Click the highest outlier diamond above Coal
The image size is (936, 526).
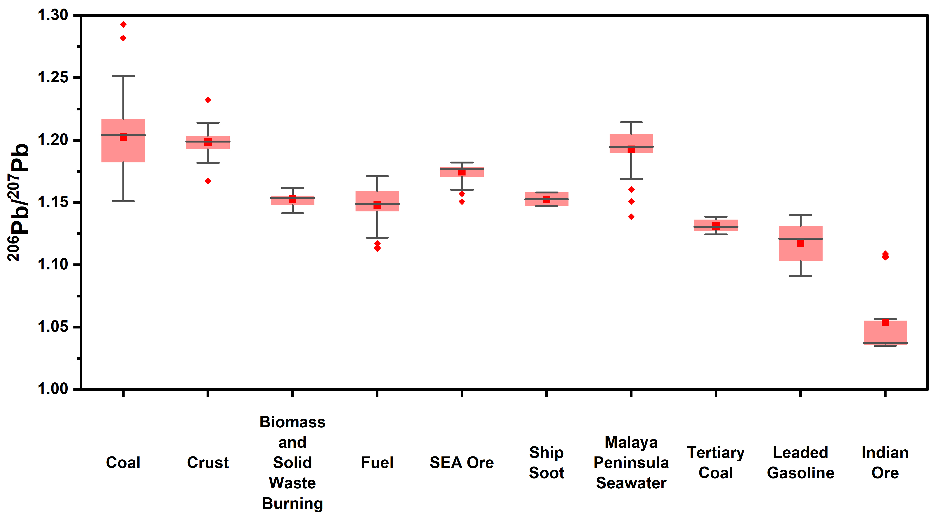(x=123, y=24)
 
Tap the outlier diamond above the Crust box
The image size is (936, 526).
(x=208, y=100)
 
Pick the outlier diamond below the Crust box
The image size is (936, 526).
(x=208, y=181)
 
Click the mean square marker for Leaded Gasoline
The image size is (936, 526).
(x=801, y=243)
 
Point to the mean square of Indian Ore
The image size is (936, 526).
(x=885, y=322)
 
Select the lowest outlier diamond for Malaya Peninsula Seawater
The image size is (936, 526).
(x=631, y=217)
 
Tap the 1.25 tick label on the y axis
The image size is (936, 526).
(x=53, y=77)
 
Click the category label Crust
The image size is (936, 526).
(x=208, y=462)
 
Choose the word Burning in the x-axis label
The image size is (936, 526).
(x=293, y=504)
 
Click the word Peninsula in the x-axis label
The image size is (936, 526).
(x=631, y=462)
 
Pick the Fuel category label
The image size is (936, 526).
(x=377, y=462)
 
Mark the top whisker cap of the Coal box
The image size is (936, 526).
(x=123, y=76)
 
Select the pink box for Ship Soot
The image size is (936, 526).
(x=546, y=203)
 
